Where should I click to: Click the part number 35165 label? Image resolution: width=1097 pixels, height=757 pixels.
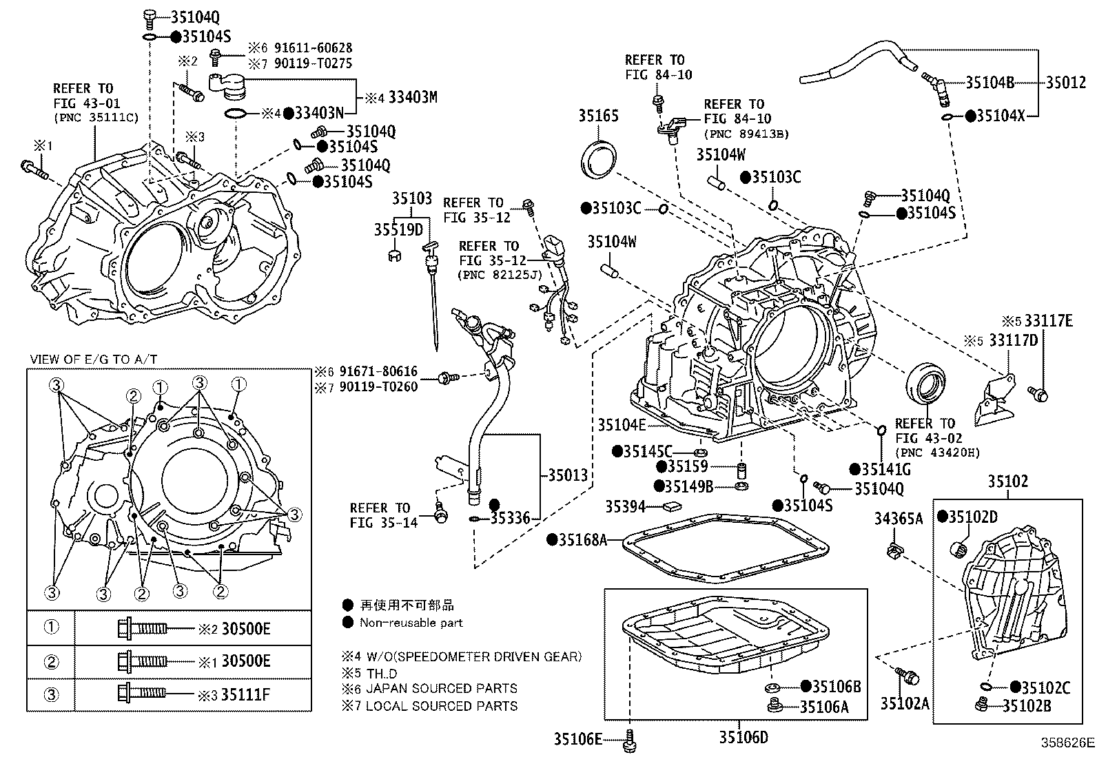click(x=597, y=116)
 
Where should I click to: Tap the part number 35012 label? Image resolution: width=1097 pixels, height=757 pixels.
click(x=1065, y=83)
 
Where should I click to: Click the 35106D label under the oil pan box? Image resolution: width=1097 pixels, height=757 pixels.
click(x=743, y=738)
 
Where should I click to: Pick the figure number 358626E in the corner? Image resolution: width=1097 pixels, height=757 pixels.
click(x=1067, y=743)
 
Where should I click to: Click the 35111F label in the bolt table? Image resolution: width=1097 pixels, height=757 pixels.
click(x=245, y=694)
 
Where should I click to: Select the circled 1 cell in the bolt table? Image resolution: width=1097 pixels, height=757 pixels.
click(x=52, y=628)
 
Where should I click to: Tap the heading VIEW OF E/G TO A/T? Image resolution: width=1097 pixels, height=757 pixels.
click(x=94, y=360)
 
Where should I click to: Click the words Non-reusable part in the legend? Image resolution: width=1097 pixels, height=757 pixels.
click(x=411, y=623)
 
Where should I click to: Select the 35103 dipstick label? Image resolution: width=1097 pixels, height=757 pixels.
click(x=412, y=199)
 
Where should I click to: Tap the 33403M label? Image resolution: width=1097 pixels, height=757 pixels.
click(x=412, y=97)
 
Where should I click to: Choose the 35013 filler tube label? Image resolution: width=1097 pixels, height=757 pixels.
click(x=568, y=475)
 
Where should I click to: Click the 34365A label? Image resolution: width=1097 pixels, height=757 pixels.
click(x=898, y=519)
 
